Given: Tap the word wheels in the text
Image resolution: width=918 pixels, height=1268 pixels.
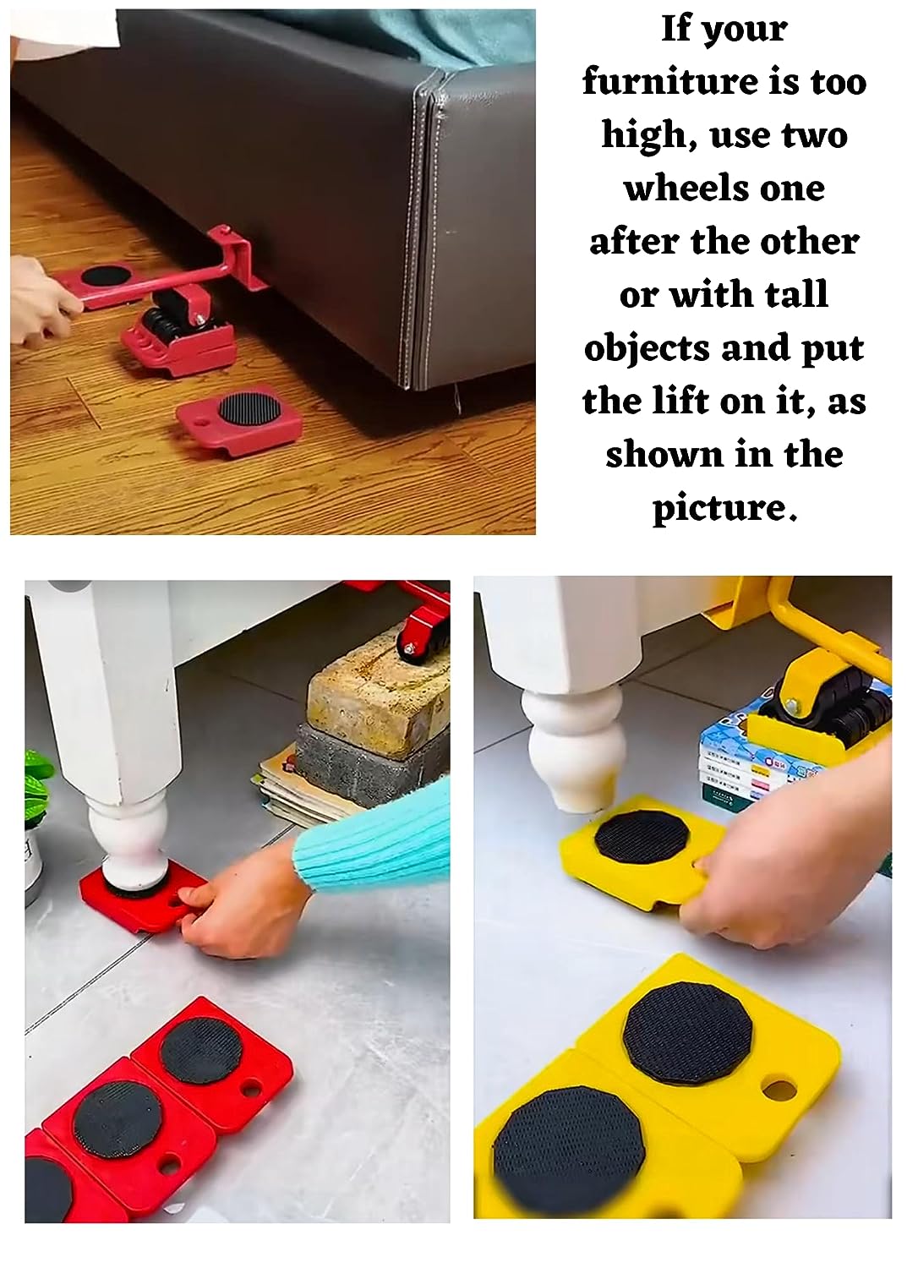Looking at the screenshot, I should [x=724, y=188].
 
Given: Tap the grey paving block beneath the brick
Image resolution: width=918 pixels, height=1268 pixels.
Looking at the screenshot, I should [x=363, y=765].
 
